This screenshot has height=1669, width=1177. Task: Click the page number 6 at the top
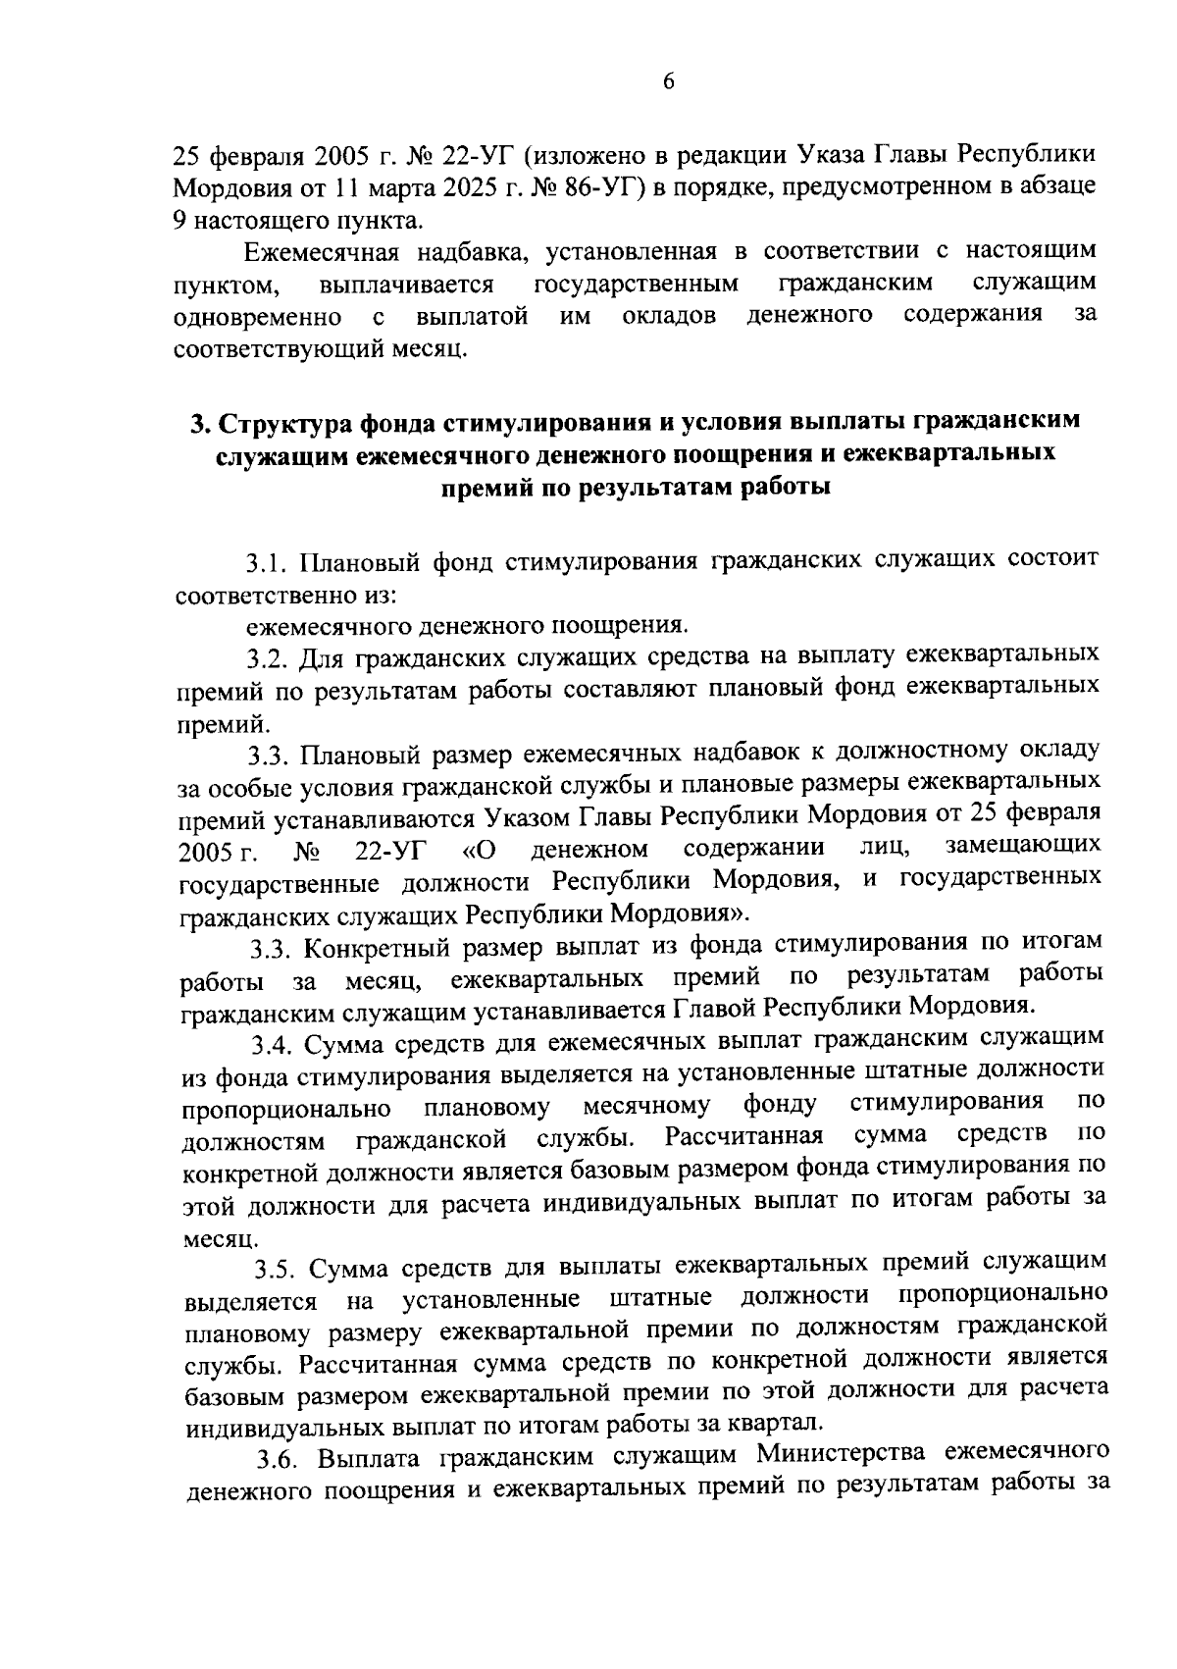pyautogui.click(x=668, y=82)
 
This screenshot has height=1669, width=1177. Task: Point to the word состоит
pyautogui.click(x=1047, y=560)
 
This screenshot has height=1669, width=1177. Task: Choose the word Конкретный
pyautogui.click(x=371, y=947)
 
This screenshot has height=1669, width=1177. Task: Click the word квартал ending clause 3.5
pyautogui.click(x=778, y=1423)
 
